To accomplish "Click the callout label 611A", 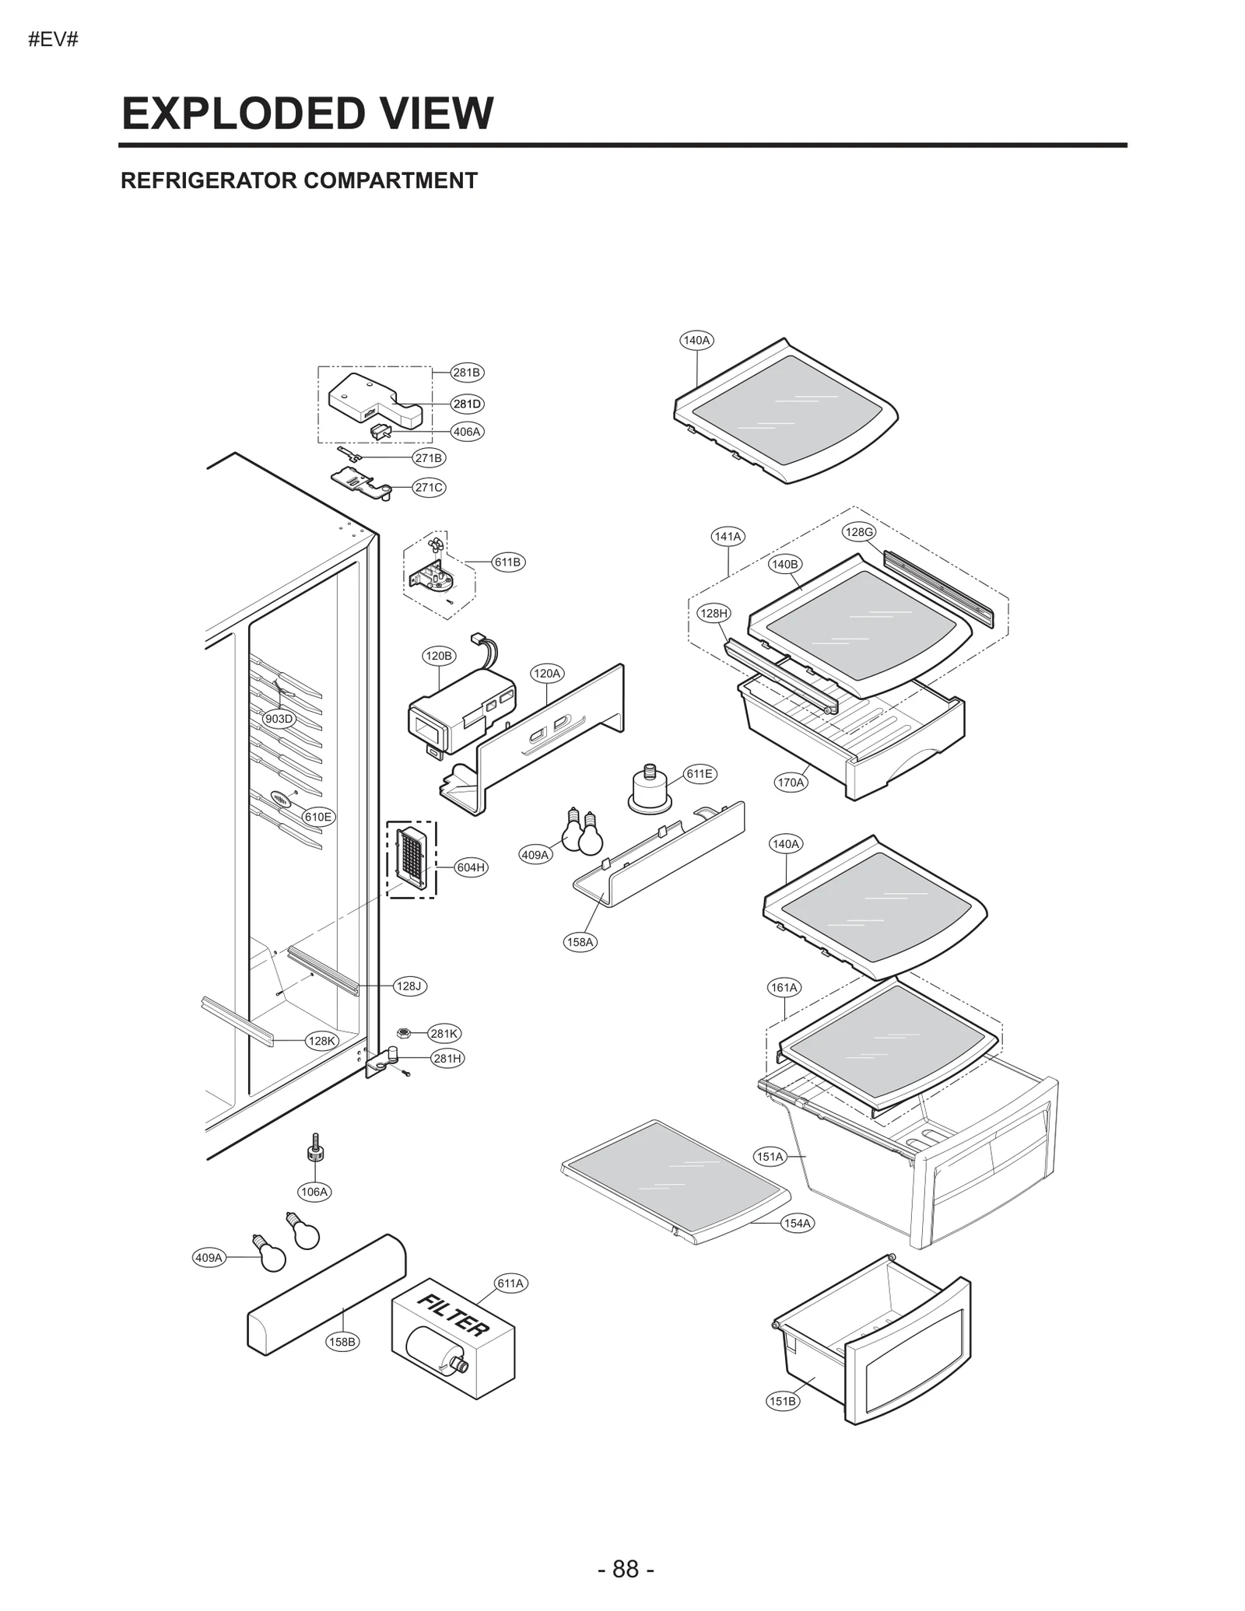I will click(x=510, y=1283).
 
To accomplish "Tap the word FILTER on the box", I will click(x=454, y=1315).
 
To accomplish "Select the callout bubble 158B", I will click(x=342, y=1341).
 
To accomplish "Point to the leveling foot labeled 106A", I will click(x=315, y=1152).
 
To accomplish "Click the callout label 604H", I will click(x=471, y=867).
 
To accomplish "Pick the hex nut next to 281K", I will click(x=403, y=1033).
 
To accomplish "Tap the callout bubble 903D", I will click(x=279, y=719).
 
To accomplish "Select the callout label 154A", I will click(x=797, y=1223).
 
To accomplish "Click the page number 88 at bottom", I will click(x=626, y=1568).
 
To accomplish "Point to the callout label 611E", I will click(x=699, y=773).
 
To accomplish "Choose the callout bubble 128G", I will click(x=859, y=532).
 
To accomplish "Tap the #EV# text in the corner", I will click(x=53, y=40).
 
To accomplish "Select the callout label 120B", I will click(x=438, y=656).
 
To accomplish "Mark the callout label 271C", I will click(x=429, y=488).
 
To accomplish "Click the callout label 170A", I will click(x=791, y=783).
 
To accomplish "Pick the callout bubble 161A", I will click(x=784, y=987).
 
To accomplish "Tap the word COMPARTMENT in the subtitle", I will click(x=390, y=180).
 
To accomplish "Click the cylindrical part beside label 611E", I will click(x=650, y=792).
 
